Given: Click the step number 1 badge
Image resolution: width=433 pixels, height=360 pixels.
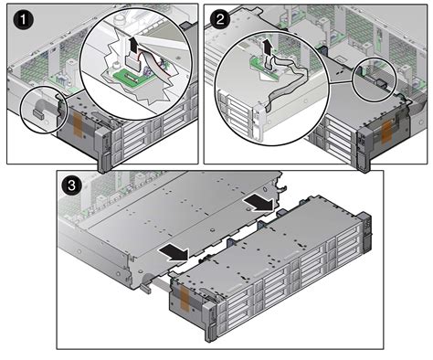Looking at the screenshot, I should coord(16,16).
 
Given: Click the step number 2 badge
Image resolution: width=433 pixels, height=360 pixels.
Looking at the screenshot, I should coord(219,16).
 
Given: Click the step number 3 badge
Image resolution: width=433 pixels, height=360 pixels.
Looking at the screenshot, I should coord(71,185).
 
